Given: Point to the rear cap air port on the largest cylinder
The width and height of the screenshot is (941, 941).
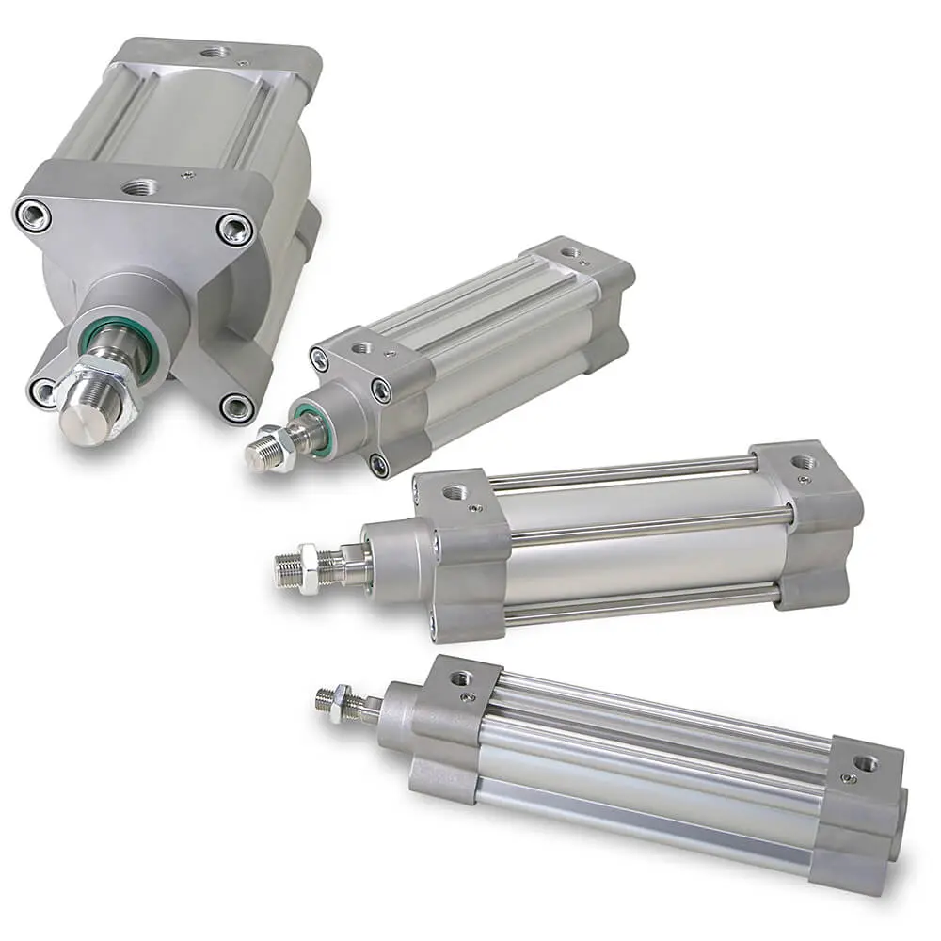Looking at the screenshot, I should [215, 52].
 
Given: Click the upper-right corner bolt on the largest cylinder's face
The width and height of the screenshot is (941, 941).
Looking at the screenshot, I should [233, 229].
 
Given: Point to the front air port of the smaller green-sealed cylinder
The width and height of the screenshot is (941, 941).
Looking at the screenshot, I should [360, 347].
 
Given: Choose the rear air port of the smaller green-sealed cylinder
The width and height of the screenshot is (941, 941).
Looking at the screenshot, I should [568, 252].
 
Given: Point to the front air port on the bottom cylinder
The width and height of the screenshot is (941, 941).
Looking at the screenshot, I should [459, 678].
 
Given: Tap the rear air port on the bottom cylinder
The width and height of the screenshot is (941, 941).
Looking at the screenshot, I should [865, 762].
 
